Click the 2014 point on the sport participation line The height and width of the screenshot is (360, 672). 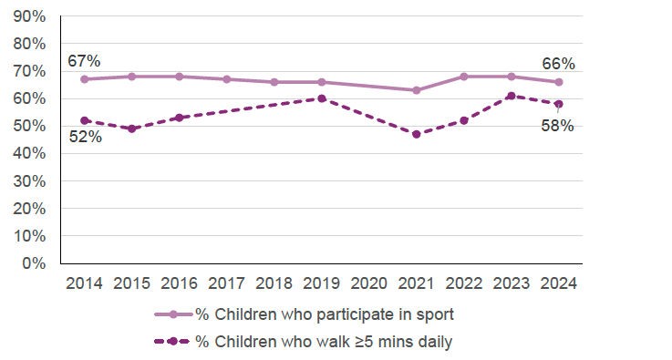(84, 79)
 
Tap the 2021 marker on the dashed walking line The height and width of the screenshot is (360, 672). (417, 134)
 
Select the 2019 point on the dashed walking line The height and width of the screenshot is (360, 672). (322, 98)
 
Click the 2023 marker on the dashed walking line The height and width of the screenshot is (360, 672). (512, 96)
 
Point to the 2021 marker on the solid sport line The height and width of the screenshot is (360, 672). (417, 90)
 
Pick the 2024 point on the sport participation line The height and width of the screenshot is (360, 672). (559, 82)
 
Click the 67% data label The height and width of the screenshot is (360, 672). (84, 61)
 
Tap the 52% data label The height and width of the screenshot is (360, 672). (84, 137)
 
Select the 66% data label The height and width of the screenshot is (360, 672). (558, 64)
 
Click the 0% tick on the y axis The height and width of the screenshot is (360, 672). (35, 263)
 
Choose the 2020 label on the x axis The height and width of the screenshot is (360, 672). (369, 283)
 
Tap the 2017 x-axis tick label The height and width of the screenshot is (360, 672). (226, 283)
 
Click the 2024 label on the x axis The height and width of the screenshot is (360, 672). (559, 283)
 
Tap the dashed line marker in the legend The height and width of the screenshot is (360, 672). (172, 343)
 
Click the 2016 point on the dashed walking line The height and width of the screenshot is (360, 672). (179, 118)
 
